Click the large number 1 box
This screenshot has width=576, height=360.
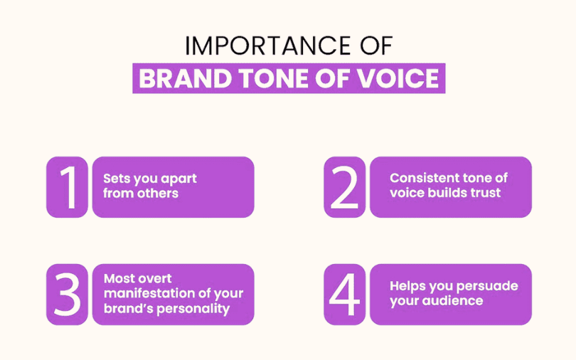tap(68, 187)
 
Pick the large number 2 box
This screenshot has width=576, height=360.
tap(345, 187)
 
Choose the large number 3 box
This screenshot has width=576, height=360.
tap(68, 295)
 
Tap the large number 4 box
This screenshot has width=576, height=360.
tap(345, 295)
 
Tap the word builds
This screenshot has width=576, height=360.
tap(445, 194)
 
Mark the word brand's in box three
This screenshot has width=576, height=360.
tap(123, 309)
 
